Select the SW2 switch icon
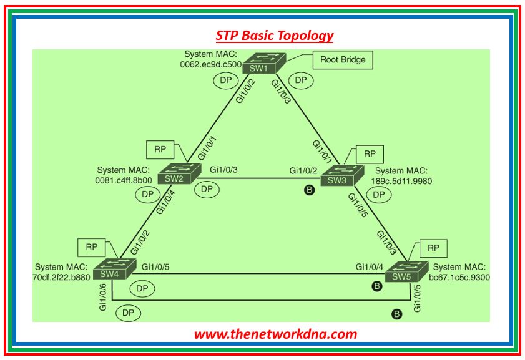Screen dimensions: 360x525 pos(178,174)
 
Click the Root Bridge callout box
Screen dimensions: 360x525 pos(343,60)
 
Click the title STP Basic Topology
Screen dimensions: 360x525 pos(275,36)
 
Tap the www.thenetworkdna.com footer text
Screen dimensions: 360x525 pos(275,334)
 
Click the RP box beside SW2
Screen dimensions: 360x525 pos(160,150)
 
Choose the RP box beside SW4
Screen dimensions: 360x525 pos(90,246)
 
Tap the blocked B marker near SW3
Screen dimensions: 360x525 pos(308,190)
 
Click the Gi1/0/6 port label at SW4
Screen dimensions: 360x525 pos(102,295)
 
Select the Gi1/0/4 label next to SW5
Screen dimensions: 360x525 pos(370,267)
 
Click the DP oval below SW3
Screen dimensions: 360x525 pos(379,194)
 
